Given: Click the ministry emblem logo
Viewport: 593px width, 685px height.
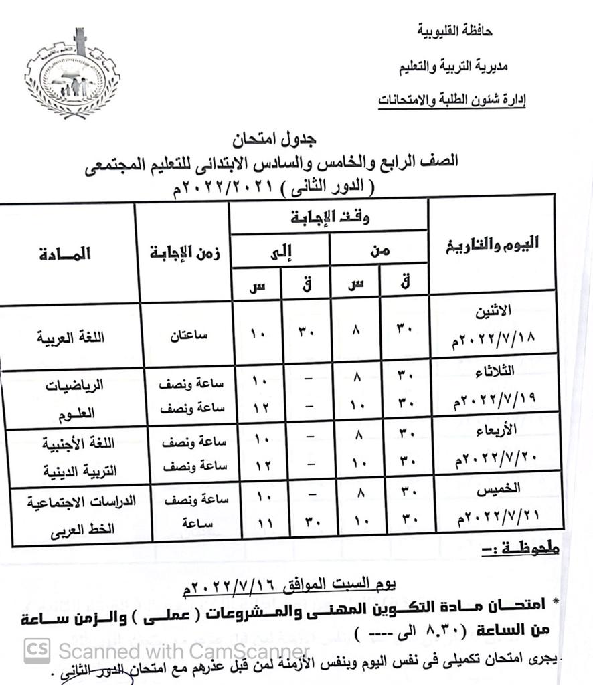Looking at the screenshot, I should pyautogui.click(x=72, y=74).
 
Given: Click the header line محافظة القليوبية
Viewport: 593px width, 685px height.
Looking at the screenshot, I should pyautogui.click(x=454, y=31).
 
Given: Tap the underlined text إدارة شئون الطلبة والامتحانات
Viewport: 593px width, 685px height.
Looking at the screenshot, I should pyautogui.click(x=452, y=100).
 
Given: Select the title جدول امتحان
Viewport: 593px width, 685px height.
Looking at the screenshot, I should pyautogui.click(x=274, y=140).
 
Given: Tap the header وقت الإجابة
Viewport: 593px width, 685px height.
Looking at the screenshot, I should pyautogui.click(x=330, y=217).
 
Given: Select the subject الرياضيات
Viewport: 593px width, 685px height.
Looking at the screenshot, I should pyautogui.click(x=74, y=386).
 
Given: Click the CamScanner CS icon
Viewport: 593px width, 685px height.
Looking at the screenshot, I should pyautogui.click(x=37, y=650).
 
